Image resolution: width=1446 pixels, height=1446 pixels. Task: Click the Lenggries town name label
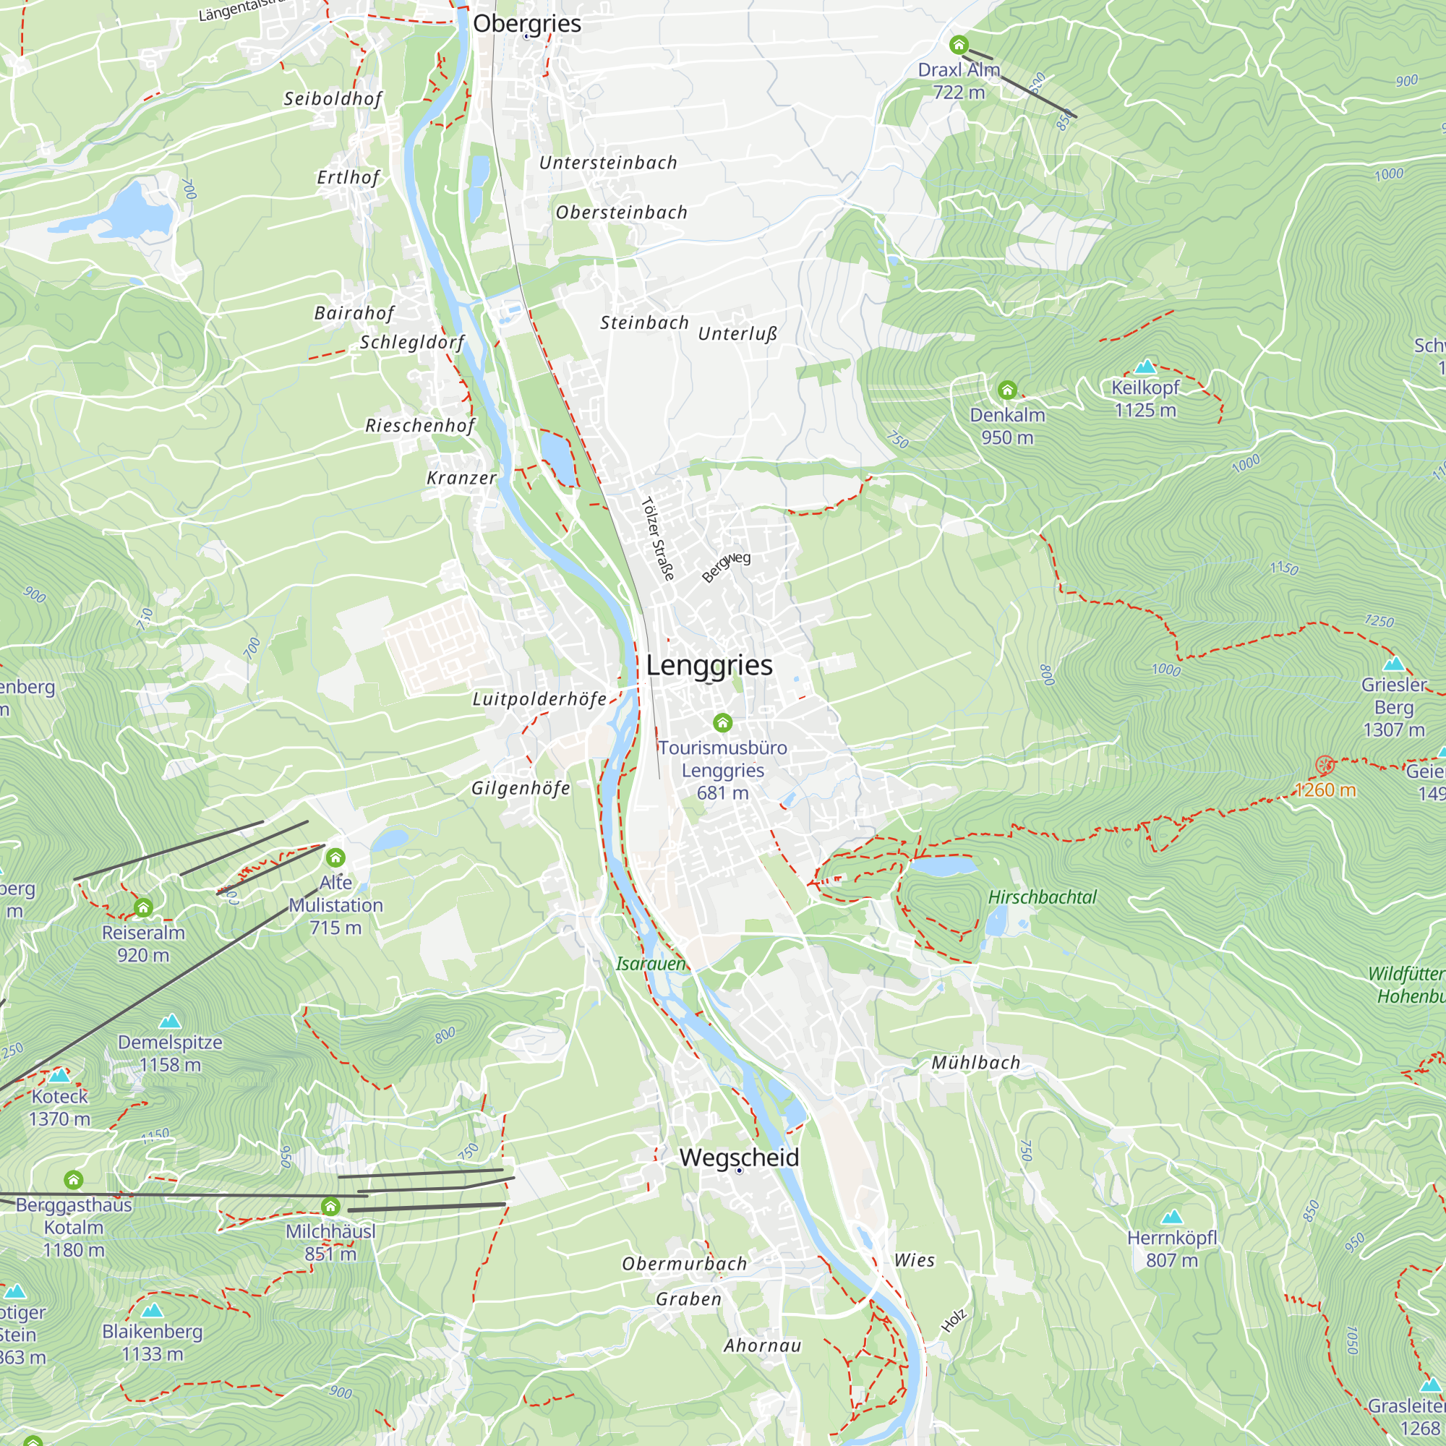709,665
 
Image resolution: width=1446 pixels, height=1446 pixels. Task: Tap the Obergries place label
527,23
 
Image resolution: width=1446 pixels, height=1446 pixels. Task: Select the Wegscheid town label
740,1157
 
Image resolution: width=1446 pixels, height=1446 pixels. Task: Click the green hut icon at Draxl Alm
959,46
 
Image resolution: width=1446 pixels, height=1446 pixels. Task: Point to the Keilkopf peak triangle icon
1145,367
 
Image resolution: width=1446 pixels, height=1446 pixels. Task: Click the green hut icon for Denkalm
1007,390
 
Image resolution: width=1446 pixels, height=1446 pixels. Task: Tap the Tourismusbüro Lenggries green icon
722,722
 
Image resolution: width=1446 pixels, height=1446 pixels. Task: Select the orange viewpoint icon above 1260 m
1325,765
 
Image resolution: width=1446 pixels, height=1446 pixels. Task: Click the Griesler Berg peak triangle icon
1394,664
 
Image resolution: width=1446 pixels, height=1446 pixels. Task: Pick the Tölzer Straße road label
658,539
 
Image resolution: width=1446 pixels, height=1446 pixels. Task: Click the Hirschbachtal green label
1042,897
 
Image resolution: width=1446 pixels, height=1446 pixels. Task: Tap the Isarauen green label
651,964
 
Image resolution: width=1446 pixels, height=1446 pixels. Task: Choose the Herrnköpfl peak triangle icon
1172,1217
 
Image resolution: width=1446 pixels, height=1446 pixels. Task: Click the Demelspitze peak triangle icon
170,1021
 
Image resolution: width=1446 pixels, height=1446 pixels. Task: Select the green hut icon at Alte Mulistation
335,857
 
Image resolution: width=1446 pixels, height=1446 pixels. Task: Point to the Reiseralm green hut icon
143,908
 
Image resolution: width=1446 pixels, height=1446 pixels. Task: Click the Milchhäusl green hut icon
331,1206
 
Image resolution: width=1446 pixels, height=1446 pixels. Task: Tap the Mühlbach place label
975,1063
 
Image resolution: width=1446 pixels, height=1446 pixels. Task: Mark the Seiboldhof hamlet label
333,99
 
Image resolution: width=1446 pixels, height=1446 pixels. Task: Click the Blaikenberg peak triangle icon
152,1311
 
